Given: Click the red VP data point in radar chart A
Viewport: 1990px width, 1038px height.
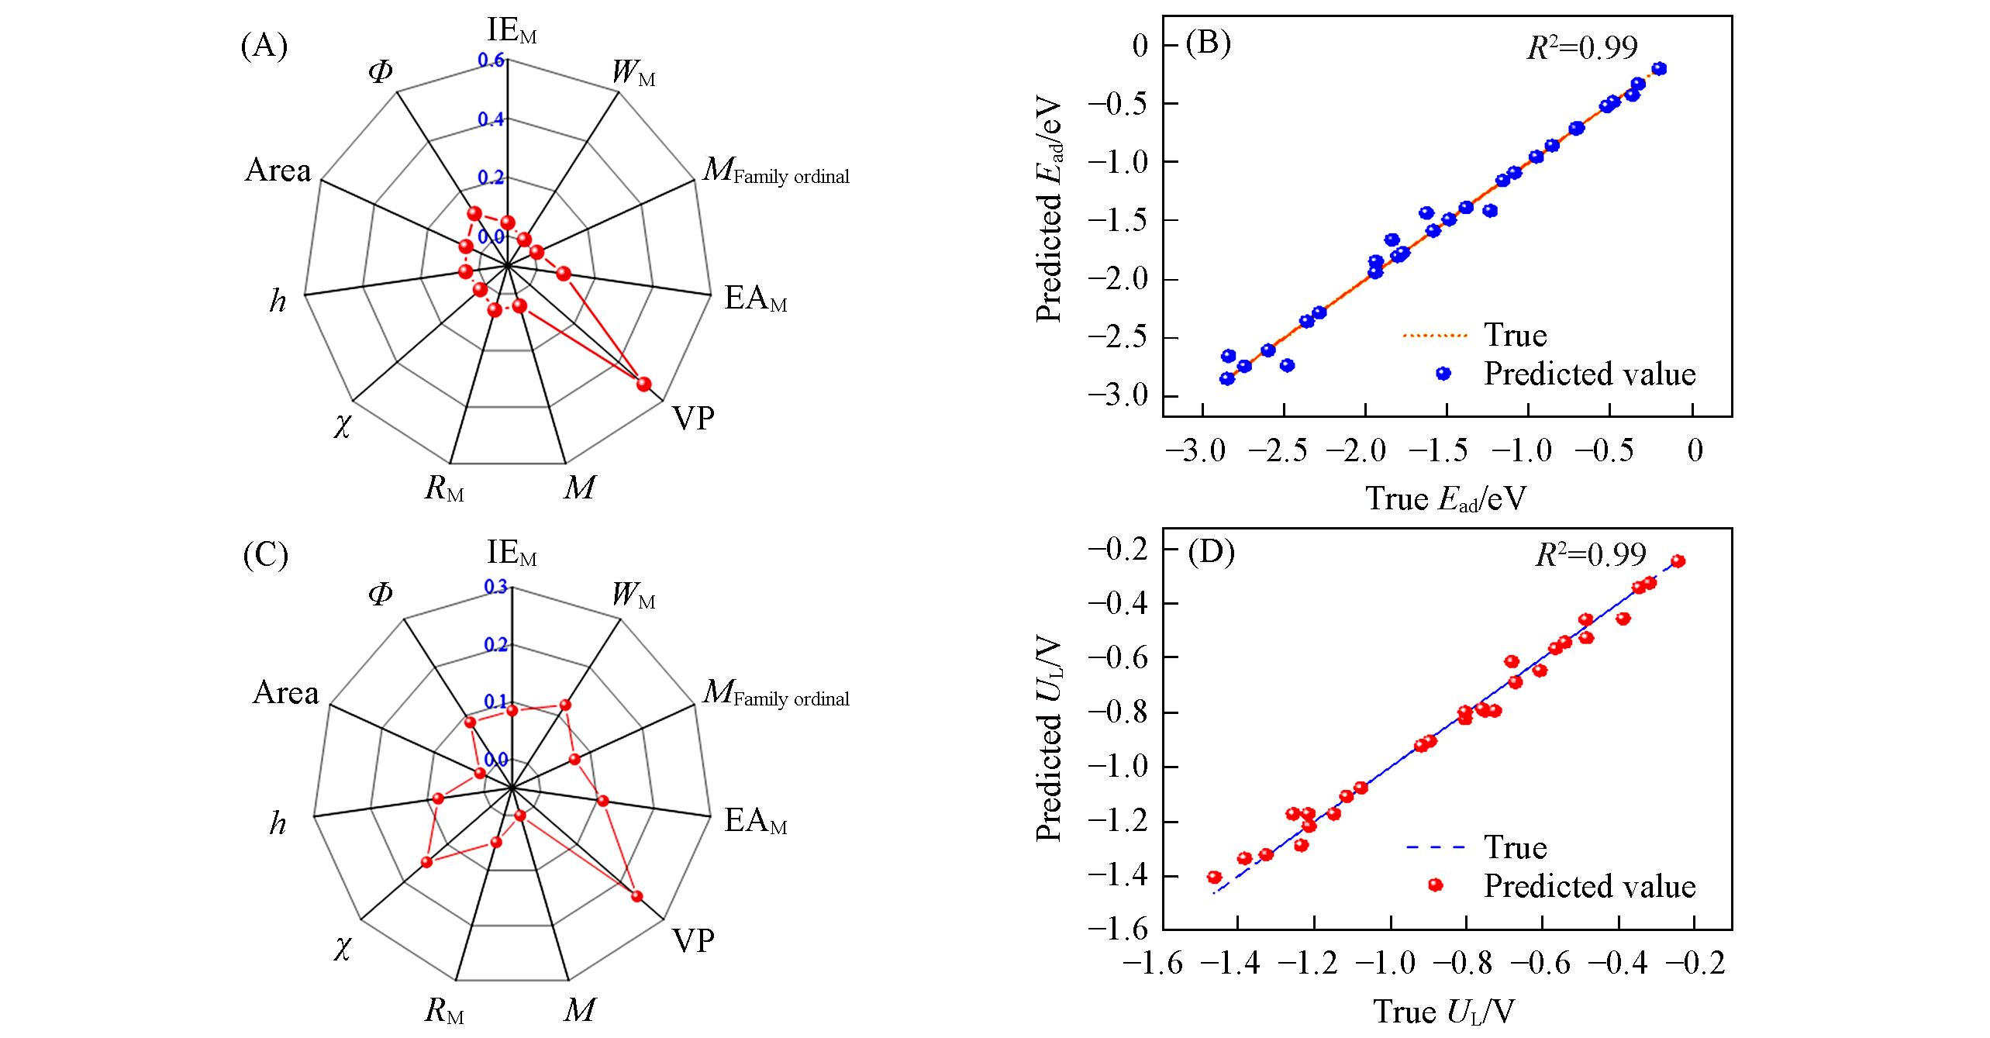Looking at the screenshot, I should (x=643, y=385).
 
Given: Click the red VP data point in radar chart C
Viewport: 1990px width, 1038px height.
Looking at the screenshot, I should (x=636, y=896).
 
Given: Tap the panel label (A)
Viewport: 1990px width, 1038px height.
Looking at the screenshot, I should (x=264, y=47).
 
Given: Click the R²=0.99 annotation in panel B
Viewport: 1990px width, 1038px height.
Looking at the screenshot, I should (x=1582, y=48).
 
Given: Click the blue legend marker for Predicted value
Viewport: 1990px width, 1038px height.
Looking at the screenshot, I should (x=1443, y=374).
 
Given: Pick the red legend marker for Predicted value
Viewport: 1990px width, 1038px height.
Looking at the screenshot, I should (x=1435, y=885).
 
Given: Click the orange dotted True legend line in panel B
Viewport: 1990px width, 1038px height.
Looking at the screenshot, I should (x=1436, y=336).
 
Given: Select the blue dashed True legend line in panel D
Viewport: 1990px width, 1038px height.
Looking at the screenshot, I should (x=1436, y=847).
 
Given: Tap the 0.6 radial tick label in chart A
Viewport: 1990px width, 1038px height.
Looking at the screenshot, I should (x=491, y=60).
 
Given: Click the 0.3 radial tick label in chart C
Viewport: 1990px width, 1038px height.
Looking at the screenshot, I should (x=495, y=588).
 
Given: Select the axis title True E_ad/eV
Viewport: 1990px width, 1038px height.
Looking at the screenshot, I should (x=1444, y=498).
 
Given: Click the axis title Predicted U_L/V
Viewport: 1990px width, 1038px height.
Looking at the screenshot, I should (x=1049, y=741).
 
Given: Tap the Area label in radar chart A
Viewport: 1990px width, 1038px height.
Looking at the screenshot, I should (x=278, y=171).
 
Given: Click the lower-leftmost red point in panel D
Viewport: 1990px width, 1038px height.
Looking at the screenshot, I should (x=1214, y=878).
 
